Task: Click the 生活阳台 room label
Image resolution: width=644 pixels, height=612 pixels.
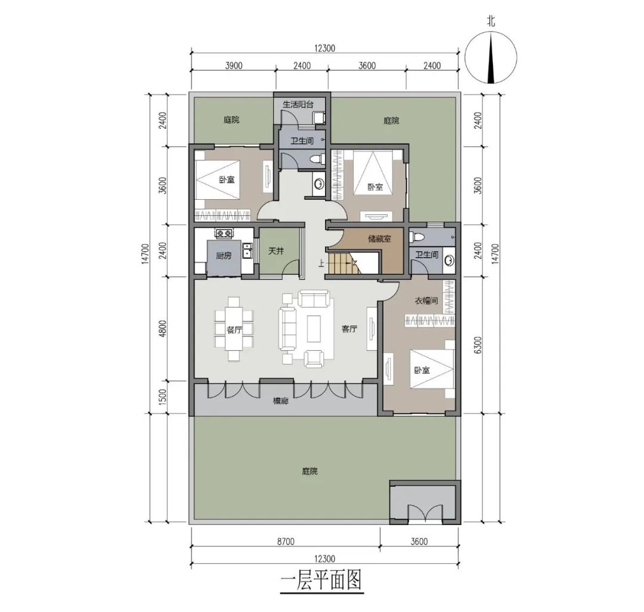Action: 298,104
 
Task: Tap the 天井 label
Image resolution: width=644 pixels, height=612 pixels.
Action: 275,252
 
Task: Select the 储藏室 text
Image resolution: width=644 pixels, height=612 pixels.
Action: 379,240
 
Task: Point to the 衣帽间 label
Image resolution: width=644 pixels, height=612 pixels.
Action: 426,301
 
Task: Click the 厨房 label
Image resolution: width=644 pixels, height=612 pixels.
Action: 224,255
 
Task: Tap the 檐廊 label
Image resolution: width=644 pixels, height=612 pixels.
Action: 280,402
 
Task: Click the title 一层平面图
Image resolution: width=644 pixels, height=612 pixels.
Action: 321,581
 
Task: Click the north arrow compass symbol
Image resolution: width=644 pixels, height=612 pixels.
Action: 491,58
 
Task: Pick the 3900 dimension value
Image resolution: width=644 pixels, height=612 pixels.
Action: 233,66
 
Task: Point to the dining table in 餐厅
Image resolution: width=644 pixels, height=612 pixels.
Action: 234,331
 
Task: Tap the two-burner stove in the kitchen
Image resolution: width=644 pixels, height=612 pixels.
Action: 225,233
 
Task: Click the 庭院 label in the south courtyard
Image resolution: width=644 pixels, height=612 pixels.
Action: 309,472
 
